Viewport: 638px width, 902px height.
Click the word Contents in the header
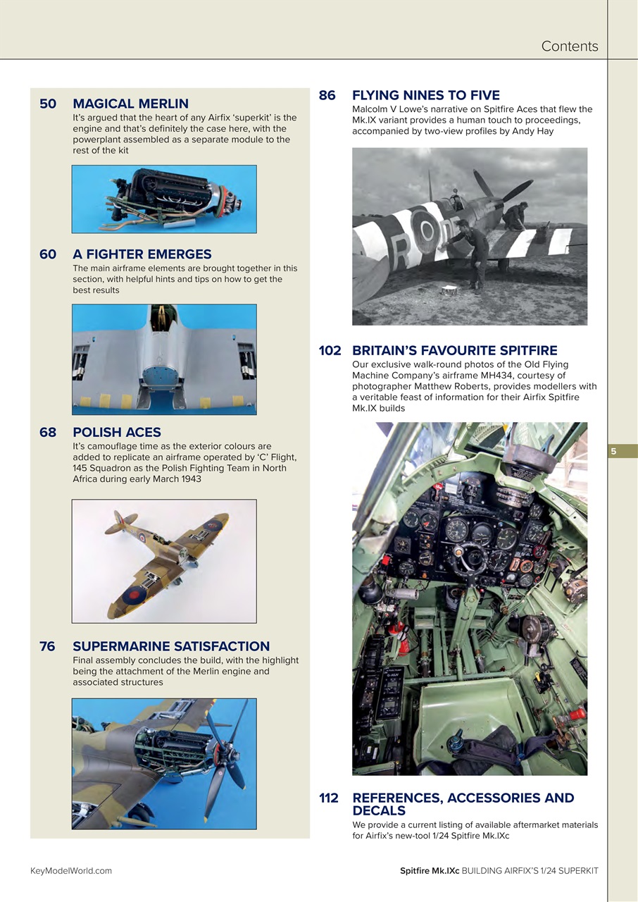tap(569, 47)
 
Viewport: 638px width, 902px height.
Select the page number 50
tap(48, 104)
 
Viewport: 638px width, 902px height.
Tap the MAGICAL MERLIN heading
tap(130, 104)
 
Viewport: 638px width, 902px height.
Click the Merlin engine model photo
tap(164, 199)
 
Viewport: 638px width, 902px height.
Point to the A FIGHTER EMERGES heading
tap(142, 254)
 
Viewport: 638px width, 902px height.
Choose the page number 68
tap(48, 433)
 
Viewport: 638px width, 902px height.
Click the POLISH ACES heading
tap(117, 433)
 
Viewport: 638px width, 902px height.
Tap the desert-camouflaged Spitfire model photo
tap(164, 561)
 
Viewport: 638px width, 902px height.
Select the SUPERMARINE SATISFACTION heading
tap(171, 646)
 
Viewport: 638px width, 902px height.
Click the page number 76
tap(48, 646)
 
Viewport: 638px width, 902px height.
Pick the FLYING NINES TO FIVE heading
tap(425, 95)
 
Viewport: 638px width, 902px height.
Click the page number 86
tap(327, 95)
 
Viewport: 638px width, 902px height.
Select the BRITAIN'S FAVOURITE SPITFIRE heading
tap(454, 350)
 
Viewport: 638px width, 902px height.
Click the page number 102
tap(330, 350)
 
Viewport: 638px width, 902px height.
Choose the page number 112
tap(329, 798)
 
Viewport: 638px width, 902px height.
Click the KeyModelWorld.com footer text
tap(71, 870)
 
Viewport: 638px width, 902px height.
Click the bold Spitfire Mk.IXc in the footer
tap(429, 870)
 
